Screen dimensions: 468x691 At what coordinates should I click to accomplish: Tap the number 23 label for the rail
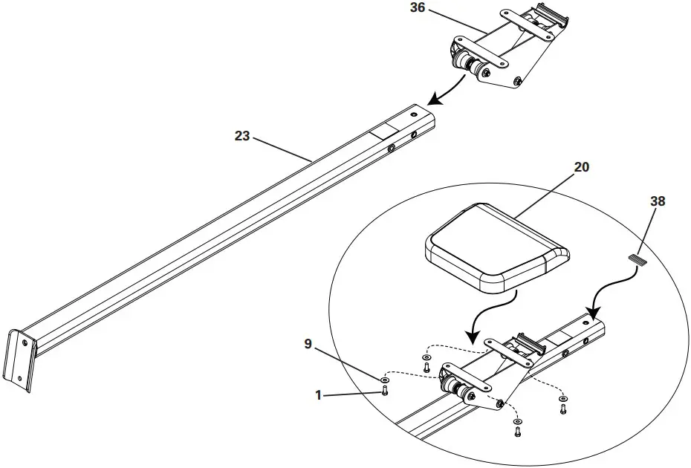[x=243, y=136]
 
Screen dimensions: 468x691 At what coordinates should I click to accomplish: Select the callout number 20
[x=581, y=167]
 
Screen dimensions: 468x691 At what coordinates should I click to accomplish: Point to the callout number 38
[x=658, y=201]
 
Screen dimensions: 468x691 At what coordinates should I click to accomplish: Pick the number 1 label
[x=319, y=396]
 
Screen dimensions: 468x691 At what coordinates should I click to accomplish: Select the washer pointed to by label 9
[x=384, y=380]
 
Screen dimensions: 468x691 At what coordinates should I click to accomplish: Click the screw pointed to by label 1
[x=384, y=393]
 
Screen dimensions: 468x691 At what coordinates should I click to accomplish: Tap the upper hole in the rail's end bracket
[x=25, y=343]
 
